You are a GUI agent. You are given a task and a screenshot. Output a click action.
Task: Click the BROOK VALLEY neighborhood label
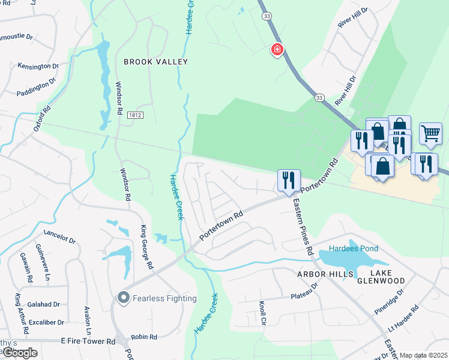(x=155, y=62)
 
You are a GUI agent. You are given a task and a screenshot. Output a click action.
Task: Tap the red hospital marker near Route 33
(x=277, y=50)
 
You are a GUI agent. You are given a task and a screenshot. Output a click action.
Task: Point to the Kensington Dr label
(x=38, y=66)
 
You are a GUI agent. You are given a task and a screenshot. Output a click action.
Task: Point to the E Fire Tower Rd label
(x=88, y=341)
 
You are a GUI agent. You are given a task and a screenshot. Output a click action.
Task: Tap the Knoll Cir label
(x=262, y=313)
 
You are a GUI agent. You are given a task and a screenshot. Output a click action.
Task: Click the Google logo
(x=19, y=352)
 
